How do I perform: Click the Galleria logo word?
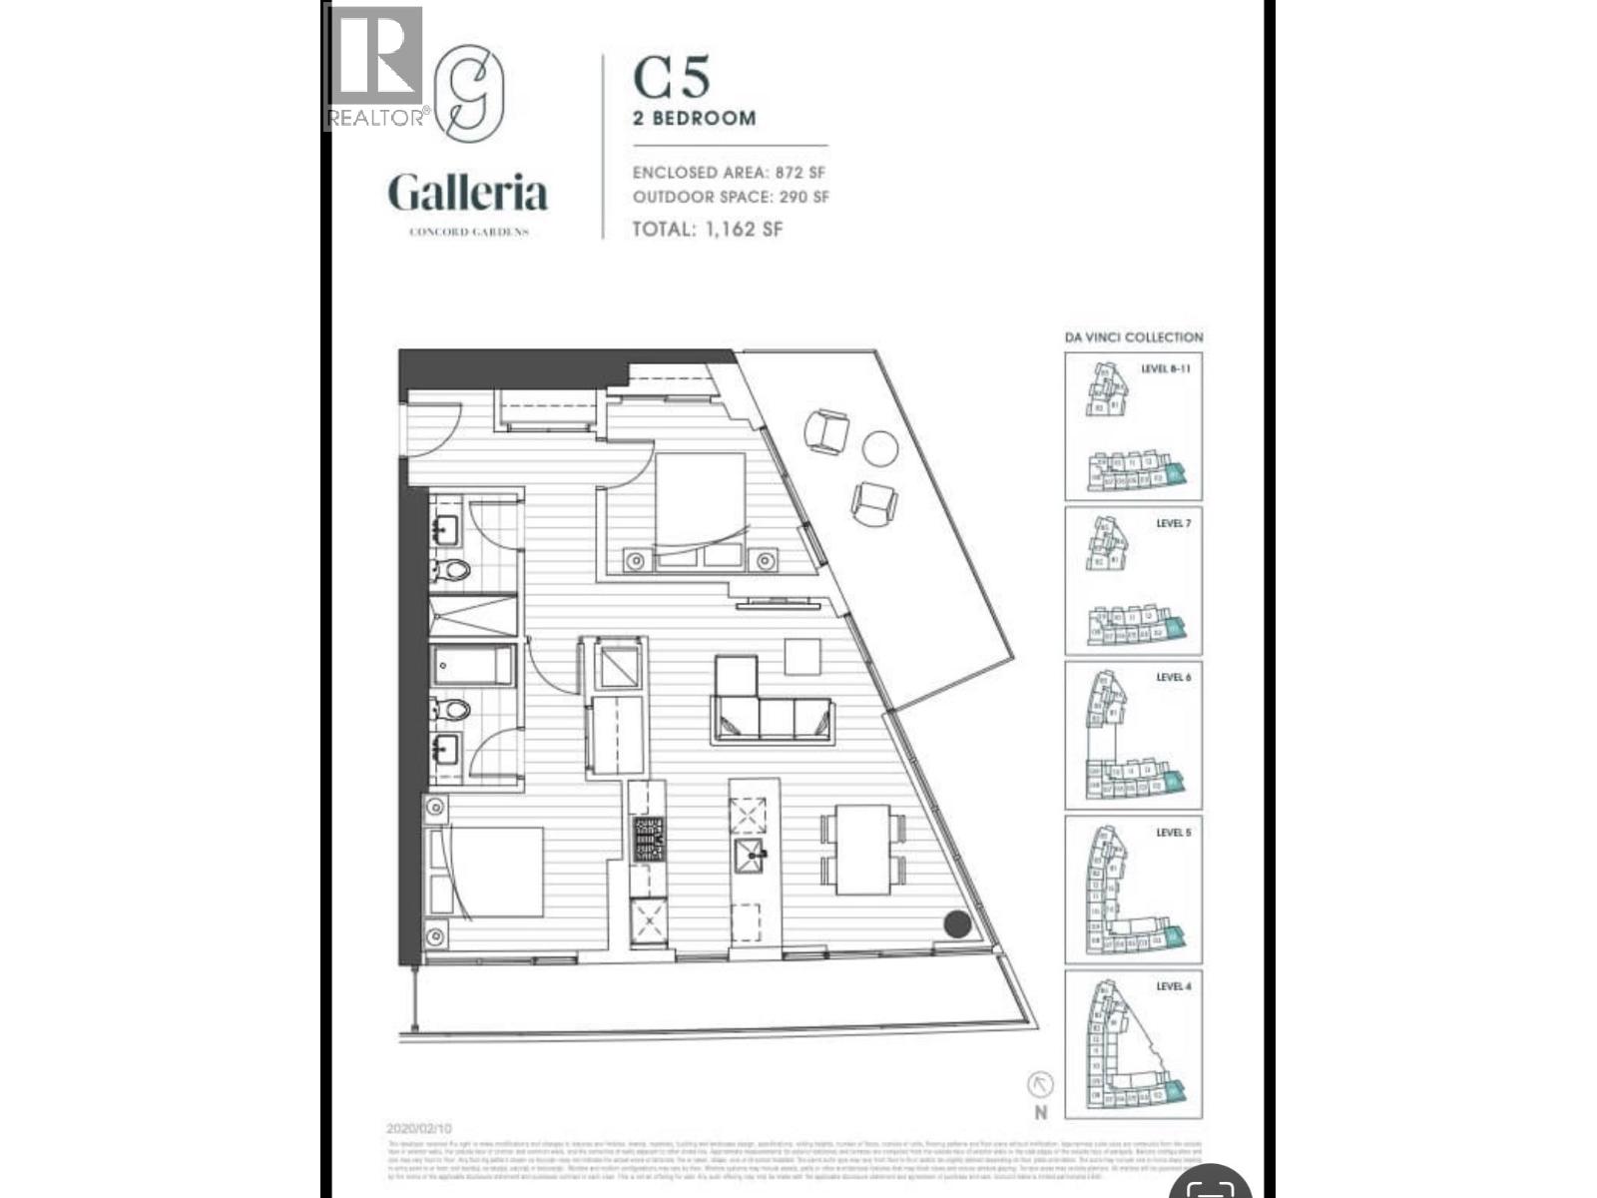click(468, 193)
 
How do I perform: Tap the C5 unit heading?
click(672, 77)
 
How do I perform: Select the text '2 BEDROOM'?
click(695, 118)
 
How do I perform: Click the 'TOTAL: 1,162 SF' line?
click(708, 229)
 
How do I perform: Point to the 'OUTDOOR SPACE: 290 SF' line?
click(731, 197)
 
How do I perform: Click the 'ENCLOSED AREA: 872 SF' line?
click(729, 173)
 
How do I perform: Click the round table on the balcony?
click(879, 448)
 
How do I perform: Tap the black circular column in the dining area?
click(957, 924)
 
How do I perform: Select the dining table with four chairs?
click(864, 850)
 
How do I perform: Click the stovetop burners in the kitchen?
click(648, 840)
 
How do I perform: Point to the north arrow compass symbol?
click(1041, 1085)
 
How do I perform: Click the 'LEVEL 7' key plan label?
click(1173, 523)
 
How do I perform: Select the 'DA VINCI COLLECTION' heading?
click(1133, 337)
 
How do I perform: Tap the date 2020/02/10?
click(418, 1129)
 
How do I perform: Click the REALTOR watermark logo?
click(375, 68)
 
